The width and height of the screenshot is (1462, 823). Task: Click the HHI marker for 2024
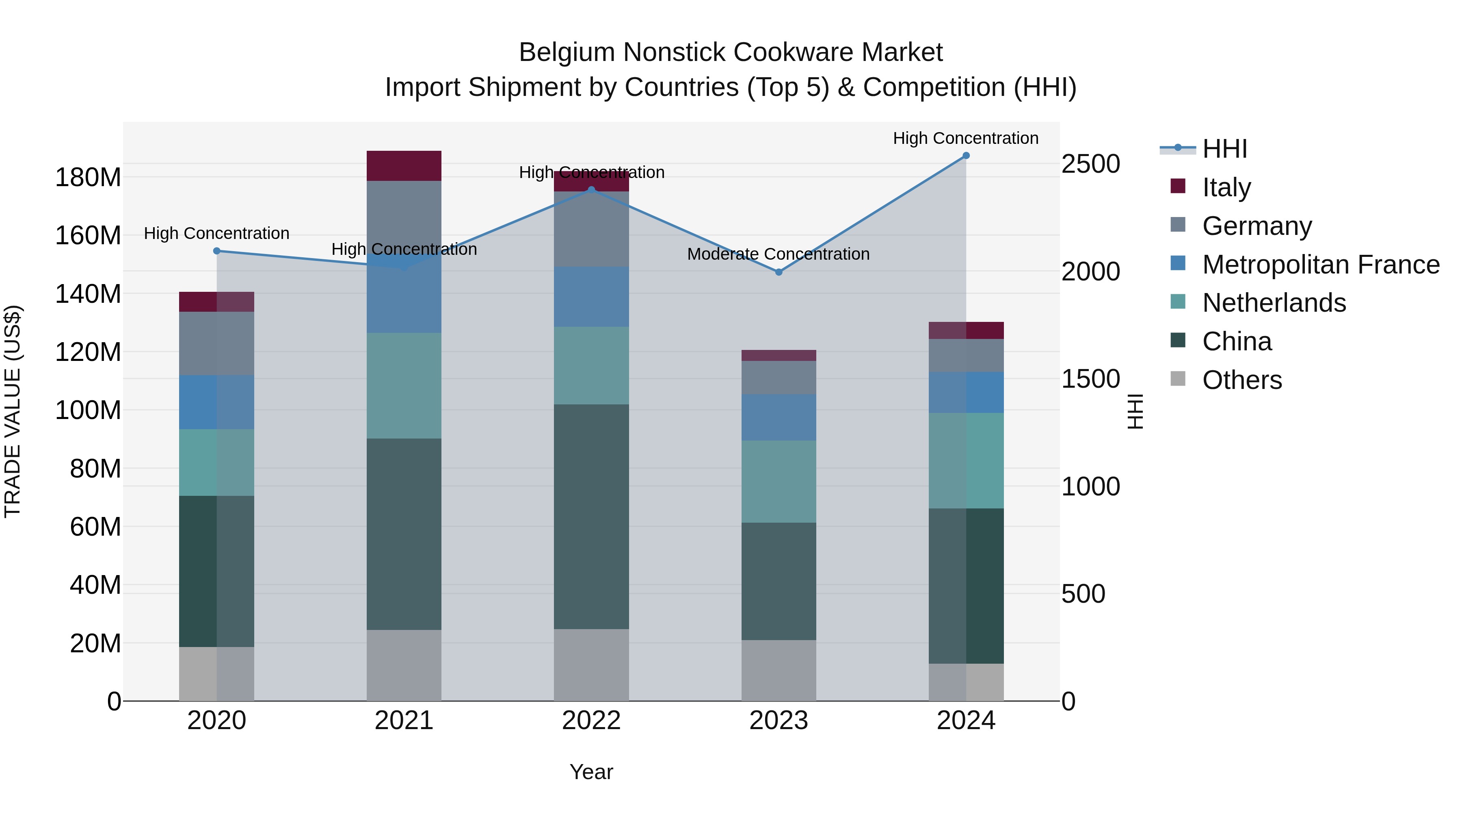966,156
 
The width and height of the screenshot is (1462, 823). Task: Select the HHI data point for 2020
217,251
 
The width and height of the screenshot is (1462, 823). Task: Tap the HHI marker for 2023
779,272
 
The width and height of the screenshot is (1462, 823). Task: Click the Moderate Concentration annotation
778,254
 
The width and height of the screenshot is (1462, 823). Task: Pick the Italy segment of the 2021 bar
404,166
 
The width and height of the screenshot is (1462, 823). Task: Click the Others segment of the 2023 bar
779,670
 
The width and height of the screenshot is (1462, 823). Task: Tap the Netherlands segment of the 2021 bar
404,386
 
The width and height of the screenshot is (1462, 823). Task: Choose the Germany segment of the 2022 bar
591,229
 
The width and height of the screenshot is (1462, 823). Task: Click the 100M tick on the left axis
88,410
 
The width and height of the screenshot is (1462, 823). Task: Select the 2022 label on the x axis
591,721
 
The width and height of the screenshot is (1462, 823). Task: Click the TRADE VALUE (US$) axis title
13,411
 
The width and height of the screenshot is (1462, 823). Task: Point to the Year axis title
591,772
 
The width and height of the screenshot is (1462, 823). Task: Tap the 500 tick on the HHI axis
1083,594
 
